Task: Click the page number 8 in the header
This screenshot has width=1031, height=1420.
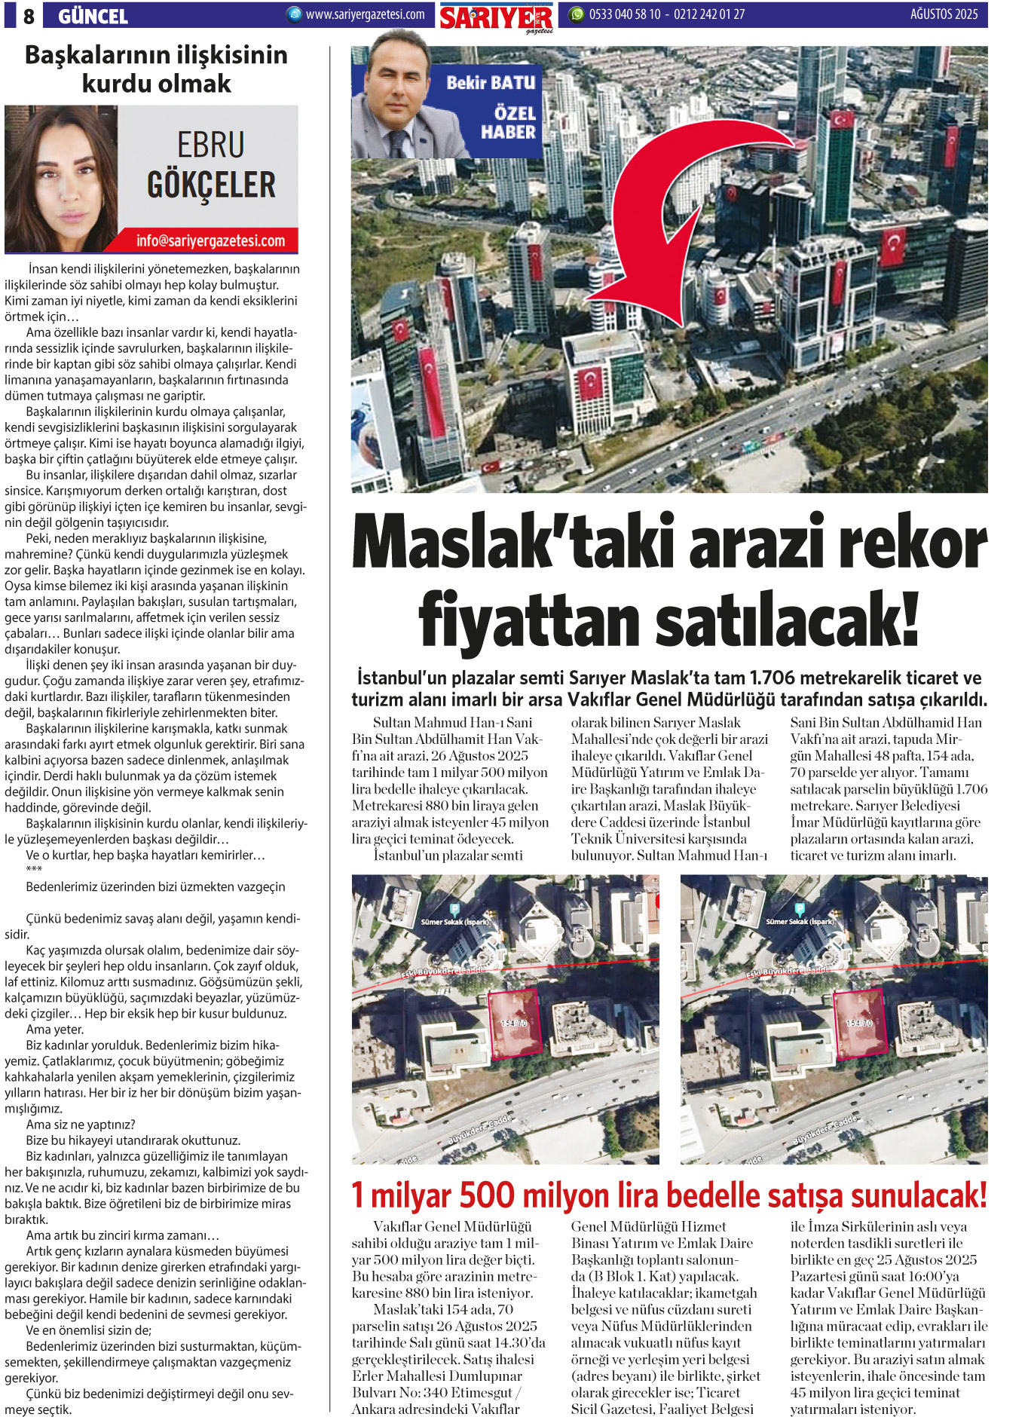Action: click(x=28, y=16)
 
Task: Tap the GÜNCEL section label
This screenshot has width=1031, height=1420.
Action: click(x=93, y=16)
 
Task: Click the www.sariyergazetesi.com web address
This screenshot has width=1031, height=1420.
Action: click(x=365, y=14)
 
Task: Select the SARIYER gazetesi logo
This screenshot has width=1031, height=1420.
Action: click(x=497, y=17)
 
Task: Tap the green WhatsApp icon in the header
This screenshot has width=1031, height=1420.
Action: click(x=577, y=14)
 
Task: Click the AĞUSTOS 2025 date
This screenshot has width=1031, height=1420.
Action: click(x=944, y=14)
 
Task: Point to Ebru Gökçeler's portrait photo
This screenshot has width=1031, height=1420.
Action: click(x=61, y=179)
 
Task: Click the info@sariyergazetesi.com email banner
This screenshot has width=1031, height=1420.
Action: click(x=210, y=241)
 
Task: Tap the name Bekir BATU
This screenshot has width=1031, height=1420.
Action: click(x=491, y=83)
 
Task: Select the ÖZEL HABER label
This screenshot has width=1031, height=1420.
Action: click(x=509, y=123)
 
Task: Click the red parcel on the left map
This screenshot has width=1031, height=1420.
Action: click(x=515, y=1022)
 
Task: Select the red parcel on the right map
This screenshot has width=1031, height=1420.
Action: click(x=858, y=1022)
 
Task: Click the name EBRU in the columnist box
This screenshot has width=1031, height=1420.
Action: click(x=211, y=145)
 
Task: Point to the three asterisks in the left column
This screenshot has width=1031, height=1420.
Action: click(x=34, y=870)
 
